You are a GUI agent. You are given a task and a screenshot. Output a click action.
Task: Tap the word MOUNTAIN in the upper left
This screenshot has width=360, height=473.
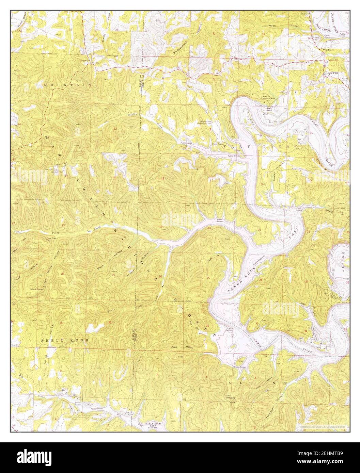(x=67, y=84)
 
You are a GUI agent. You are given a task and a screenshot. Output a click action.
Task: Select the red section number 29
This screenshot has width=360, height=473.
(x=208, y=278)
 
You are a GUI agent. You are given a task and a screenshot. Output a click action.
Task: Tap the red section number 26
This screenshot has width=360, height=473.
(x=62, y=274)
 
